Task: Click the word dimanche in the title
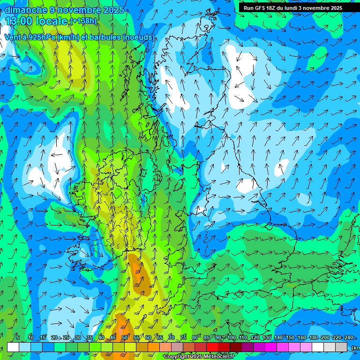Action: point(26,10)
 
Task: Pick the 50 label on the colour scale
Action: point(124,337)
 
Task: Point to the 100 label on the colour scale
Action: point(232,337)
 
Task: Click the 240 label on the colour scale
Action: point(349,337)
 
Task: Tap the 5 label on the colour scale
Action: point(18,337)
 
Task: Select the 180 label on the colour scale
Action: point(314,337)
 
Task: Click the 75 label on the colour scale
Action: point(183,337)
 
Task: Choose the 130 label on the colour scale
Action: point(267,337)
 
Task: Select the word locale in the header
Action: point(52,21)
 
